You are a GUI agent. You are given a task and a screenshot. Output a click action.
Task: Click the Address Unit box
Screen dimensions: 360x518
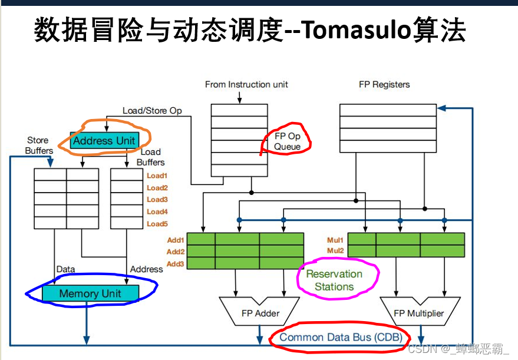tap(104, 141)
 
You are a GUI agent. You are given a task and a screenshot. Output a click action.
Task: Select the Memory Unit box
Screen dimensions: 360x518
tap(90, 293)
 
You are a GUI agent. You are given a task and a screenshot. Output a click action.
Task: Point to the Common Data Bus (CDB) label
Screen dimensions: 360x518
tap(340, 337)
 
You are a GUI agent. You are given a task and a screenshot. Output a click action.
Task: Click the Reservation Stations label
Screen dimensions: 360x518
tap(334, 280)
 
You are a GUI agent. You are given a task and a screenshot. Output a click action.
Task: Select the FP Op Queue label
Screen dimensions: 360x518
tap(287, 141)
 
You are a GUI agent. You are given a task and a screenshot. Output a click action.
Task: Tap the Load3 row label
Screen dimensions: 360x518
tap(157, 200)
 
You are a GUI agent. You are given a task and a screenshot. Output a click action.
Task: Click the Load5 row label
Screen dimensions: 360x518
tap(157, 224)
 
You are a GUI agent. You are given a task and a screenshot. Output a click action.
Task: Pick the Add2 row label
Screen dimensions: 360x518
tap(176, 252)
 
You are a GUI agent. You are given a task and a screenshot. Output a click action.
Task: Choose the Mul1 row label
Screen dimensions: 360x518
tap(335, 240)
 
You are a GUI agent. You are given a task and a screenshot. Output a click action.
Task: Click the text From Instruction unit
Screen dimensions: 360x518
tap(246, 84)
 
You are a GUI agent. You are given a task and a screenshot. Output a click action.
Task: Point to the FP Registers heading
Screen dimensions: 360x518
tap(384, 84)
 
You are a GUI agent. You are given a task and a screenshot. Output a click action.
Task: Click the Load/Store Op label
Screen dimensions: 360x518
tap(152, 110)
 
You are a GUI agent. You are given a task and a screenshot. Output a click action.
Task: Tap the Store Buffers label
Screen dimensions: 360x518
tap(39, 146)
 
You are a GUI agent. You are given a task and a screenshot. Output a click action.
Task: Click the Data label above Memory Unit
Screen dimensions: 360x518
tap(65, 269)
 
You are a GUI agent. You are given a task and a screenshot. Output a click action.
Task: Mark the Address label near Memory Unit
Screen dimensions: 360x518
tap(146, 269)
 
